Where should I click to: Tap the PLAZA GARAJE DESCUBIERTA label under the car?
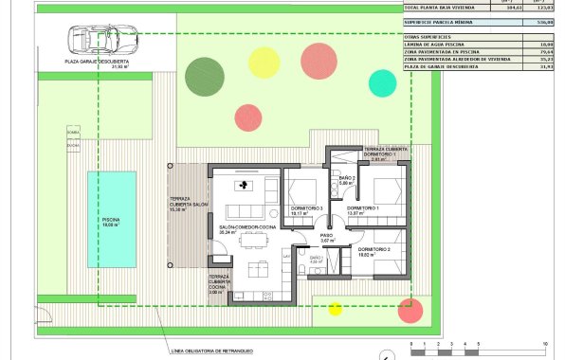(x=97, y=63)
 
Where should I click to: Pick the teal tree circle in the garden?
(x=382, y=82)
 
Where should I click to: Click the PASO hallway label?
(x=327, y=237)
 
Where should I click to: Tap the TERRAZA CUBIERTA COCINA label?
(x=220, y=285)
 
